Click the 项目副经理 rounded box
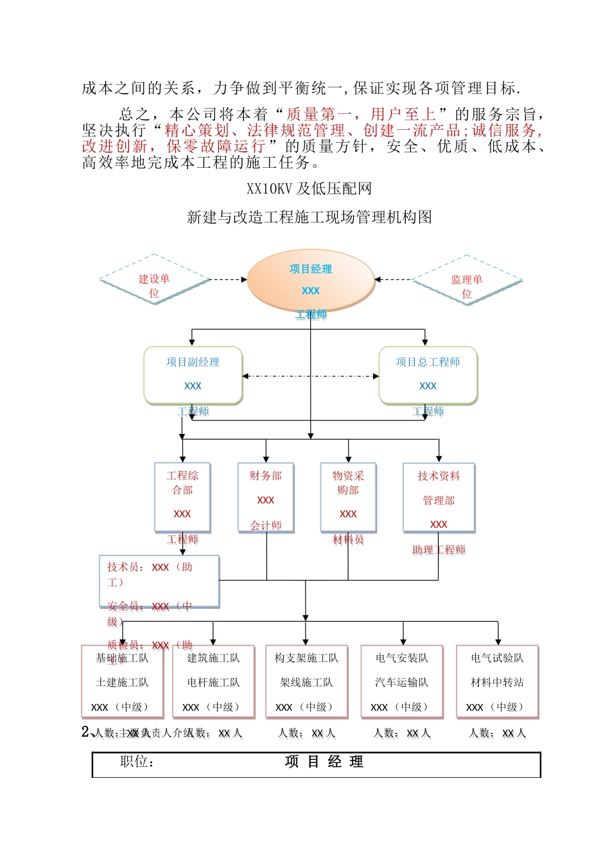click(193, 375)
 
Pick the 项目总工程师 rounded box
click(428, 375)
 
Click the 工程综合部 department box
click(182, 496)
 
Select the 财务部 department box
click(266, 496)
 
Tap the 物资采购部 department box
click(348, 496)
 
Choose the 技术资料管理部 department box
click(439, 496)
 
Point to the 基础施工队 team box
click(122, 681)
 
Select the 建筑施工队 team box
click(213, 681)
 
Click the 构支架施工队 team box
click(306, 681)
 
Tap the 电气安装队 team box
click(402, 681)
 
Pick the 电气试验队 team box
click(497, 681)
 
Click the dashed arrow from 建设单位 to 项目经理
click(228, 280)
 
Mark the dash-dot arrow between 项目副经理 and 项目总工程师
click(311, 376)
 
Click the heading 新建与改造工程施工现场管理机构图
click(309, 217)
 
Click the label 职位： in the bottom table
click(137, 762)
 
